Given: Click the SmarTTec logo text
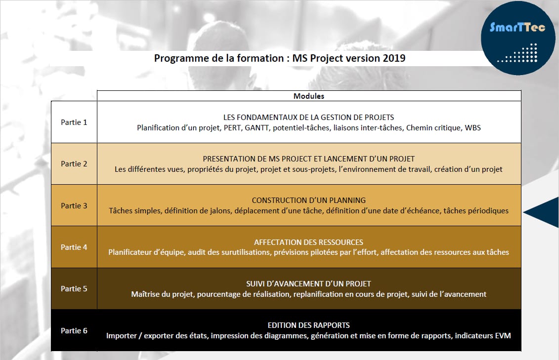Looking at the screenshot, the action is (x=517, y=27).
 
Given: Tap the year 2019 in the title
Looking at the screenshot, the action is (x=394, y=58).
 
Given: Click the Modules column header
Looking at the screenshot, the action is (x=309, y=96).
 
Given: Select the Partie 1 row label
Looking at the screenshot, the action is (x=74, y=122).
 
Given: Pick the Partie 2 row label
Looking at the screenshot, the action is (x=74, y=164).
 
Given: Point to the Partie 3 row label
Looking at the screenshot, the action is (x=74, y=205).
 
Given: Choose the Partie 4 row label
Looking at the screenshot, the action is (x=74, y=247).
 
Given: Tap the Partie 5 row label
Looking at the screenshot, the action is (x=74, y=289).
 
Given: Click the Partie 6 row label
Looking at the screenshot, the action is (x=74, y=330).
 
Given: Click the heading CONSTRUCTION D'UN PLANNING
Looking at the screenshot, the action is (x=309, y=200).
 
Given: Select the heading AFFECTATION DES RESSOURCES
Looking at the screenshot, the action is (x=309, y=242).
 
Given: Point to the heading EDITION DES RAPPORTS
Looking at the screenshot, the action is (x=309, y=325).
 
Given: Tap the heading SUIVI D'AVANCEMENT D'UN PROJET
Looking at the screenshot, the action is (x=309, y=284).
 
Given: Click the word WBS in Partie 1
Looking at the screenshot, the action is (x=473, y=128).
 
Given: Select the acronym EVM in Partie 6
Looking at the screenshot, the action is (x=503, y=335).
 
